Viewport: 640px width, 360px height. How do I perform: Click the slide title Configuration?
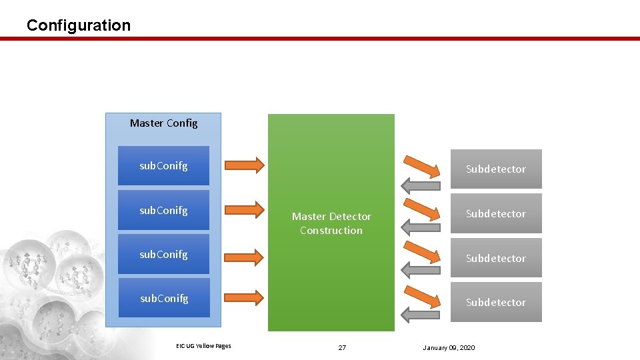click(x=79, y=25)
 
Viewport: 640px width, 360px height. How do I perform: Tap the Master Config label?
click(x=163, y=123)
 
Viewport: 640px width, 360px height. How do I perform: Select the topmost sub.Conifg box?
click(x=163, y=166)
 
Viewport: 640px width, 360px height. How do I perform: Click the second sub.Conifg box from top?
click(x=163, y=211)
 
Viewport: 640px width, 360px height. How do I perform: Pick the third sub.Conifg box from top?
click(x=163, y=255)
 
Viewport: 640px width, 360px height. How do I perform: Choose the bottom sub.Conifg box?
click(x=163, y=299)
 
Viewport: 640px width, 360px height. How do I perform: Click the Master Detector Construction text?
click(x=331, y=223)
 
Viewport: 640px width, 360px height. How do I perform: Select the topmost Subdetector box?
click(x=495, y=169)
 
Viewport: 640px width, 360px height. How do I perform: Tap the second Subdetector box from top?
click(x=495, y=214)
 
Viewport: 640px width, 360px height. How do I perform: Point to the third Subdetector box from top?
click(x=495, y=258)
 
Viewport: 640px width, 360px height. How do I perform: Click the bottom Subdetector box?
click(x=495, y=303)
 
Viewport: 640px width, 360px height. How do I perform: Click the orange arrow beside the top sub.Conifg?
click(x=245, y=164)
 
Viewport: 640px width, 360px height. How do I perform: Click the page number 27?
click(x=342, y=348)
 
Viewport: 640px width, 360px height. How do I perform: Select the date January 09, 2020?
click(x=449, y=348)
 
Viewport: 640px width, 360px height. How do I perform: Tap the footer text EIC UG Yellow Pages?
click(x=203, y=345)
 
